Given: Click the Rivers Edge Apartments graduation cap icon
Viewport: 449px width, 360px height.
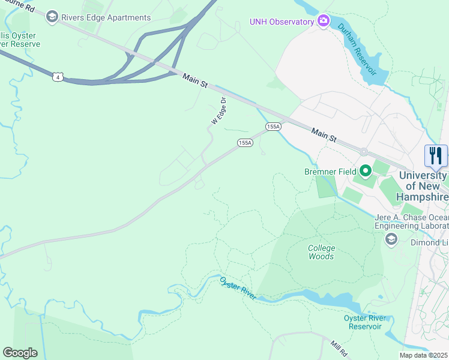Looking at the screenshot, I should pyautogui.click(x=52, y=17).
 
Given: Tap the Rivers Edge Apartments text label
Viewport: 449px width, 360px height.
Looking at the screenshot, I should pyautogui.click(x=106, y=17).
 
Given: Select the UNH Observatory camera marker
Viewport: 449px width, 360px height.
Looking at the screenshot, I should pyautogui.click(x=324, y=22).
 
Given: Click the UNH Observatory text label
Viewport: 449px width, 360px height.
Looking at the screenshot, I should pyautogui.click(x=282, y=22).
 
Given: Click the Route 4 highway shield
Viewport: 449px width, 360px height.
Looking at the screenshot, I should pyautogui.click(x=57, y=77).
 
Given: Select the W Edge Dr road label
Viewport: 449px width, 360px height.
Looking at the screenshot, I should pyautogui.click(x=219, y=111).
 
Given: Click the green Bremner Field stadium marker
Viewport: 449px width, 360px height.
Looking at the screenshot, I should pyautogui.click(x=365, y=171).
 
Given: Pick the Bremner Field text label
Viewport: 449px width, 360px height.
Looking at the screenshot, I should pyautogui.click(x=330, y=172).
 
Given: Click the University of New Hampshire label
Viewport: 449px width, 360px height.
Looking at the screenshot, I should pyautogui.click(x=424, y=187).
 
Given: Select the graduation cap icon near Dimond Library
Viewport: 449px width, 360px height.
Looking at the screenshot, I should pyautogui.click(x=391, y=240).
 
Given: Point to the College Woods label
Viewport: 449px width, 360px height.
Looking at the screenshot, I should pyautogui.click(x=321, y=252).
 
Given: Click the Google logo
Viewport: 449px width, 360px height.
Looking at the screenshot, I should pyautogui.click(x=20, y=353).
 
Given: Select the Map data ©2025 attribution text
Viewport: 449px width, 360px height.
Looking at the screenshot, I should pyautogui.click(x=423, y=355).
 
